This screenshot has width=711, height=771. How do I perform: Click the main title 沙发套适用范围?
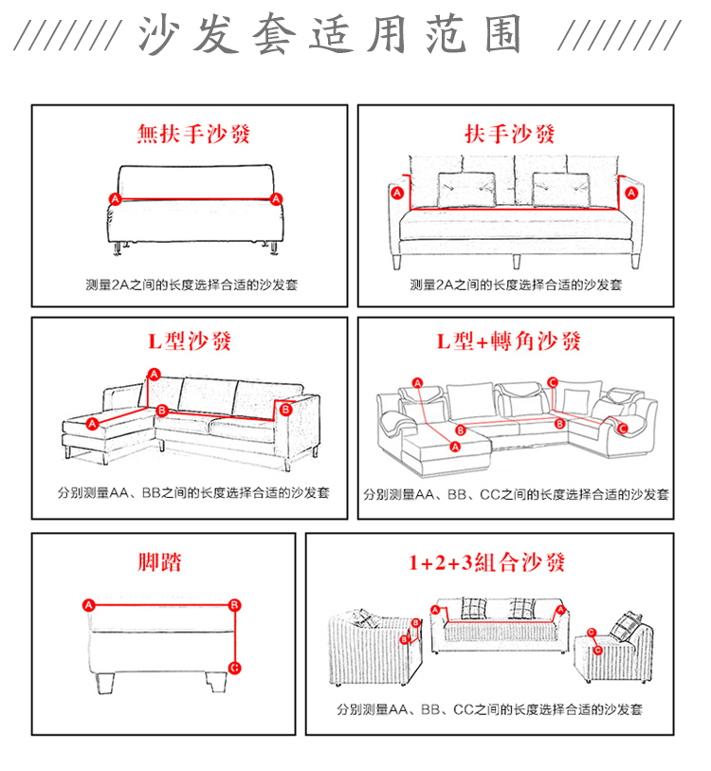coord(331,36)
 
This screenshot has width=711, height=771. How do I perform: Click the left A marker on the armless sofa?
coord(115,199)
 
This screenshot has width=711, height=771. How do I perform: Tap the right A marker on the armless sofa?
coord(276,199)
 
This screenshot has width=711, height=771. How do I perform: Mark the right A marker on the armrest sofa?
coord(630,193)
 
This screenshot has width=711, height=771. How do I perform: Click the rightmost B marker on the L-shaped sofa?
coord(283,409)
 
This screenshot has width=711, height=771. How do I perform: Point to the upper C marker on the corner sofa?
coord(553,383)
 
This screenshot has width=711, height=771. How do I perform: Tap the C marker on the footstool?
coord(235,667)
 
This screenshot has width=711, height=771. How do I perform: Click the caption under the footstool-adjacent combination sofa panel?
coord(489,709)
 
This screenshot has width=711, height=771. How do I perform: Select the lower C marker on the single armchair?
coord(596,650)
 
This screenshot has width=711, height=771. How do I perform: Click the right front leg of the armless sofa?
coord(273,248)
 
